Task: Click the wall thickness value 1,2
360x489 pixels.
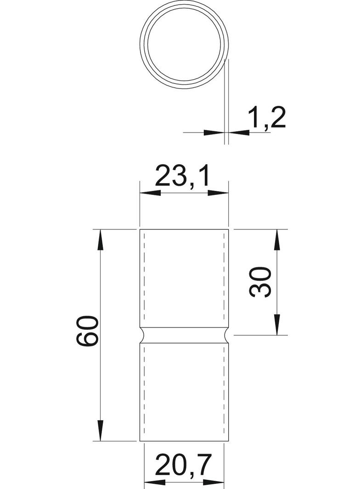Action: point(267,118)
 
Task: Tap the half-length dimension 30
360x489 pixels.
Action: point(260,282)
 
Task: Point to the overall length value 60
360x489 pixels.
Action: point(87,331)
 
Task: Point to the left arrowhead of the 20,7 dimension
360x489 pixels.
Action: point(155,482)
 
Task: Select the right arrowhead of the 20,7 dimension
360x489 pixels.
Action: point(214,482)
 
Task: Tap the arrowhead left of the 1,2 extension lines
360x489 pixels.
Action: point(214,133)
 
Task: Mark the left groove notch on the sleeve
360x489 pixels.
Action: point(142,335)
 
